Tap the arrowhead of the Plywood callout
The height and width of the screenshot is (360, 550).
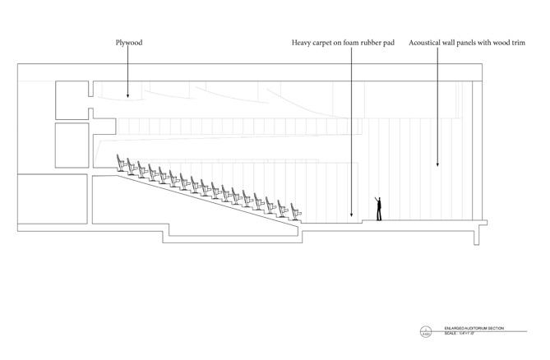point(128,98)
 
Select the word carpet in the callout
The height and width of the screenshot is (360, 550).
point(327,41)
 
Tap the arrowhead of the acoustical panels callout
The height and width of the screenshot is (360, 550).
point(437,167)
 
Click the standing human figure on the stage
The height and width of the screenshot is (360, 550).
point(378,210)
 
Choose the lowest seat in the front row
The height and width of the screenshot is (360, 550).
point(291,213)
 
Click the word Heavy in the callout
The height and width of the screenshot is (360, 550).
point(303,41)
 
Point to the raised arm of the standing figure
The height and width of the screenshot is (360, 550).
point(377,200)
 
